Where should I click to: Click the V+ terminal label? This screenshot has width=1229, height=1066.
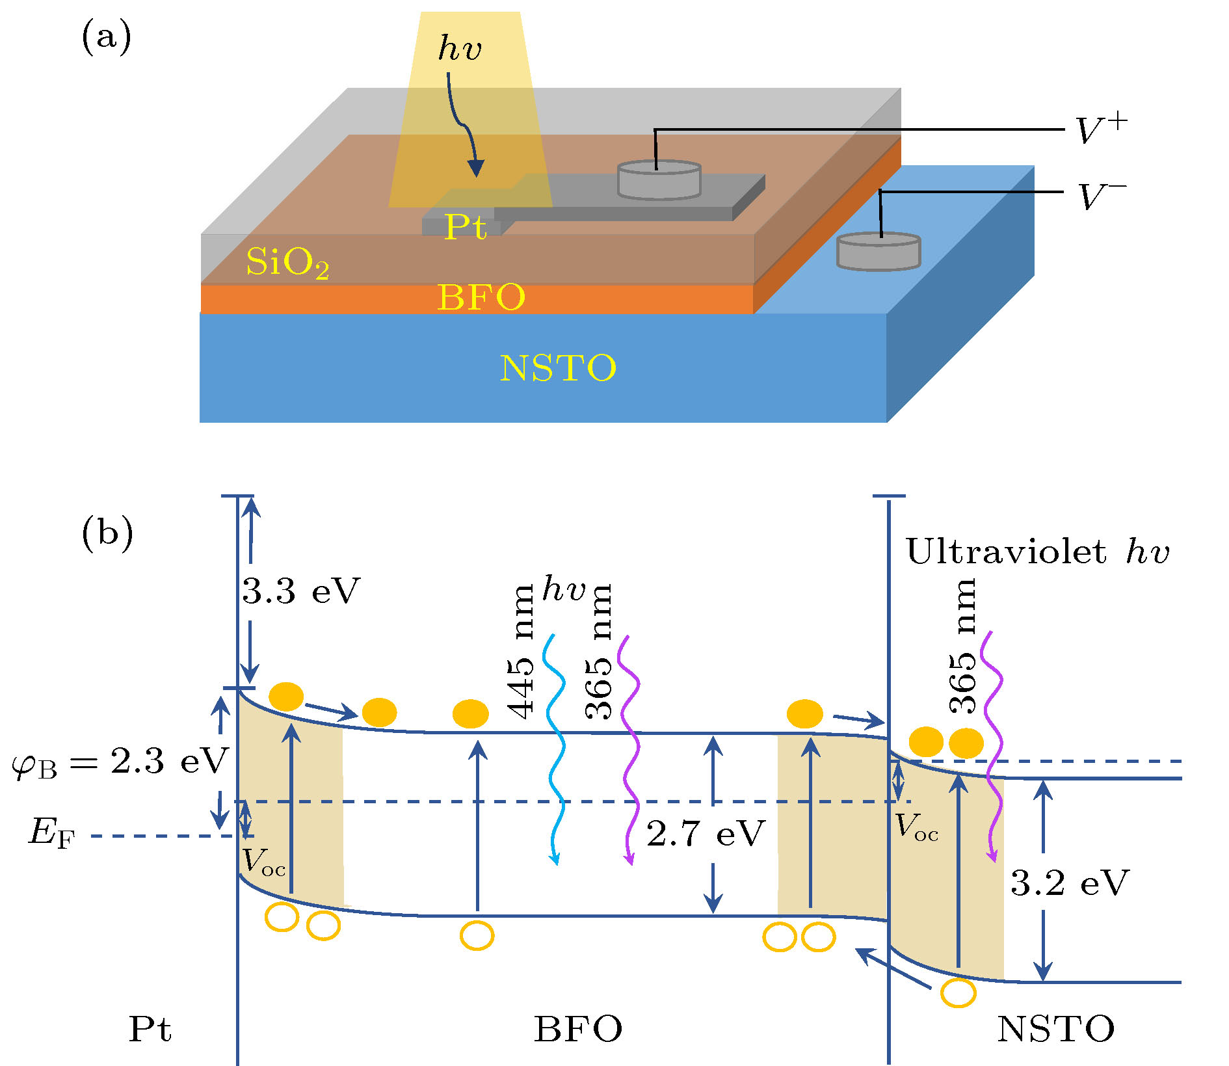[1101, 129]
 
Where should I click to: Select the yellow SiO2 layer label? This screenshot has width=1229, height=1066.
[287, 263]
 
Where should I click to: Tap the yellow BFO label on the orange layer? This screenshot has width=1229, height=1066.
[481, 297]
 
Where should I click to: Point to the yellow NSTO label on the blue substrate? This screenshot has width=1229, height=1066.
[558, 368]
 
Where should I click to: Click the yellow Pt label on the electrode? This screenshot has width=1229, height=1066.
[465, 228]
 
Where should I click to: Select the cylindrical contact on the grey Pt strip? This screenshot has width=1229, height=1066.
[659, 180]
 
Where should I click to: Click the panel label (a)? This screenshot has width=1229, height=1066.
[106, 37]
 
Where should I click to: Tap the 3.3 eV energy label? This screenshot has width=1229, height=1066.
[300, 591]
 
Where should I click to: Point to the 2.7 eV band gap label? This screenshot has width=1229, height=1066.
[705, 833]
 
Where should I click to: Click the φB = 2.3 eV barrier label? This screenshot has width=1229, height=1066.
[120, 762]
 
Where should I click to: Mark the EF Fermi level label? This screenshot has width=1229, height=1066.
[51, 833]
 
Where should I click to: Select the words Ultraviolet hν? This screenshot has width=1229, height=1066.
[1037, 552]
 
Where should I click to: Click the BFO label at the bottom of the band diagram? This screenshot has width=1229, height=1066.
[577, 1030]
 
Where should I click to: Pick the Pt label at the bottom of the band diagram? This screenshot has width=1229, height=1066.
[150, 1030]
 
